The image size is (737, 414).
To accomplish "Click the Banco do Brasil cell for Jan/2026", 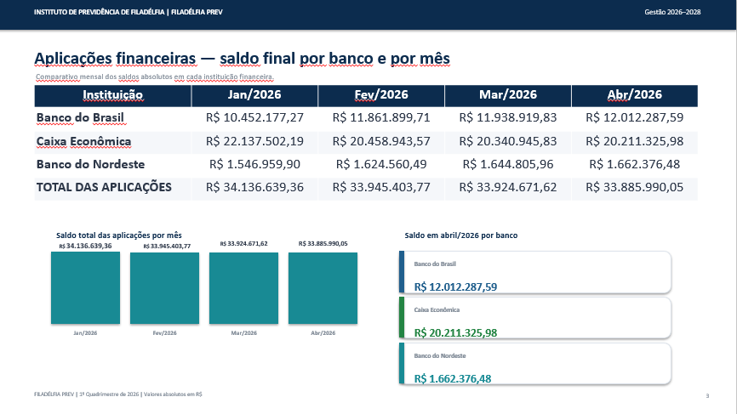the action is [x=254, y=117].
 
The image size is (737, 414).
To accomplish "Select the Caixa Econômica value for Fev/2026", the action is [x=381, y=141].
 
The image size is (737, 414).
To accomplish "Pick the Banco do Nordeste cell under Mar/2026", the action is [x=508, y=164].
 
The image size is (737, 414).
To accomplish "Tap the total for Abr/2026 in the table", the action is [x=635, y=187].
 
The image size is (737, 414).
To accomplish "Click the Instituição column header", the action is [x=113, y=95].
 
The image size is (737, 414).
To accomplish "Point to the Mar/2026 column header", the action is [x=508, y=95].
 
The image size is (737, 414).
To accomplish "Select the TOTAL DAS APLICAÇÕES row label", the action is [x=104, y=187].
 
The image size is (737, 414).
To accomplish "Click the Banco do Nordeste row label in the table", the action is [x=91, y=164].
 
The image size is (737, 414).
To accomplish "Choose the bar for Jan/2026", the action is [x=86, y=287].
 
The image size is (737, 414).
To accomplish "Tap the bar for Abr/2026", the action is [x=323, y=288].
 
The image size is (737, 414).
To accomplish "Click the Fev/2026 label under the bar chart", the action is [x=164, y=332].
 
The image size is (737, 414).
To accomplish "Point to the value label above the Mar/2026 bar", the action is [x=244, y=244].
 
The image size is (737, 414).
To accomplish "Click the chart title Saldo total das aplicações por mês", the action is [x=119, y=235].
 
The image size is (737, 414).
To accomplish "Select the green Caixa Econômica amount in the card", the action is [x=455, y=332].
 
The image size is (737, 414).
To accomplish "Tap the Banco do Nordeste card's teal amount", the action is [x=453, y=379].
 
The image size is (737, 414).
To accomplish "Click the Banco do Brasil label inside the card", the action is [x=435, y=264].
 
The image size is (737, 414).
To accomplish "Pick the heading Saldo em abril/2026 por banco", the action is [x=461, y=235].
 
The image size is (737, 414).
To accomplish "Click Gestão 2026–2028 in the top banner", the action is [x=672, y=12].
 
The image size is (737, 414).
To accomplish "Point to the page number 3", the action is [x=707, y=395].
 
